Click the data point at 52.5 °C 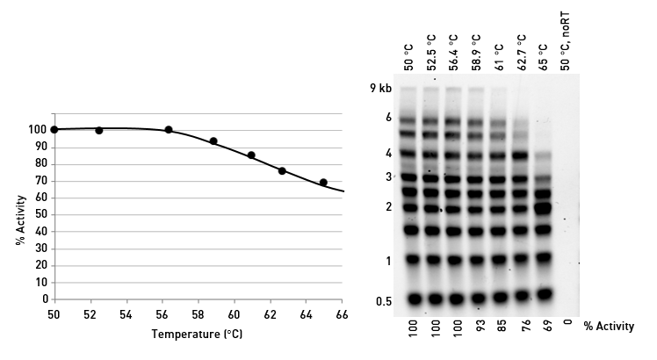pyautogui.click(x=99, y=131)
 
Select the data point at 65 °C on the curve pyautogui.click(x=323, y=183)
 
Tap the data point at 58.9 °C pyautogui.click(x=213, y=141)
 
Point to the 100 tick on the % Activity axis pyautogui.click(x=40, y=130)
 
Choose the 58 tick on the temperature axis pyautogui.click(x=199, y=314)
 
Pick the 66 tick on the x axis pyautogui.click(x=342, y=314)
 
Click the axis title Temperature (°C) pyautogui.click(x=198, y=335)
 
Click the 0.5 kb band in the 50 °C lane pyautogui.click(x=410, y=298)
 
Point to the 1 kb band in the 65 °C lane pyautogui.click(x=545, y=258)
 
